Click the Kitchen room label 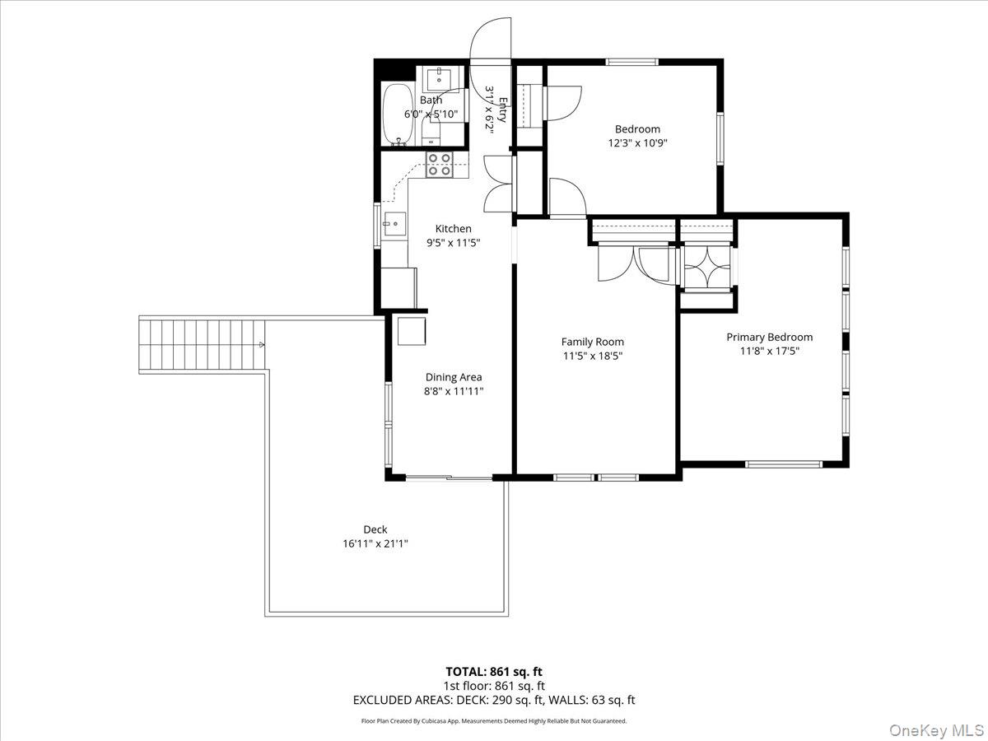click(x=454, y=229)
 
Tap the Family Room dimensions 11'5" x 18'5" click(x=592, y=356)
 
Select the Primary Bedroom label click(x=769, y=337)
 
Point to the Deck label click(x=375, y=529)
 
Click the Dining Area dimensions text click(x=454, y=391)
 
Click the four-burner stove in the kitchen click(x=438, y=165)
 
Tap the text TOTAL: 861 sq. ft click(x=494, y=671)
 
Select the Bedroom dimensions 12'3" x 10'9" click(x=636, y=142)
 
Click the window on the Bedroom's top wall click(x=632, y=62)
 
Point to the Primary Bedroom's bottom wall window click(x=784, y=464)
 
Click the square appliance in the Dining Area click(x=412, y=330)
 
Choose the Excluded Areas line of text click(x=494, y=701)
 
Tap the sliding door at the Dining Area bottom click(x=439, y=477)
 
